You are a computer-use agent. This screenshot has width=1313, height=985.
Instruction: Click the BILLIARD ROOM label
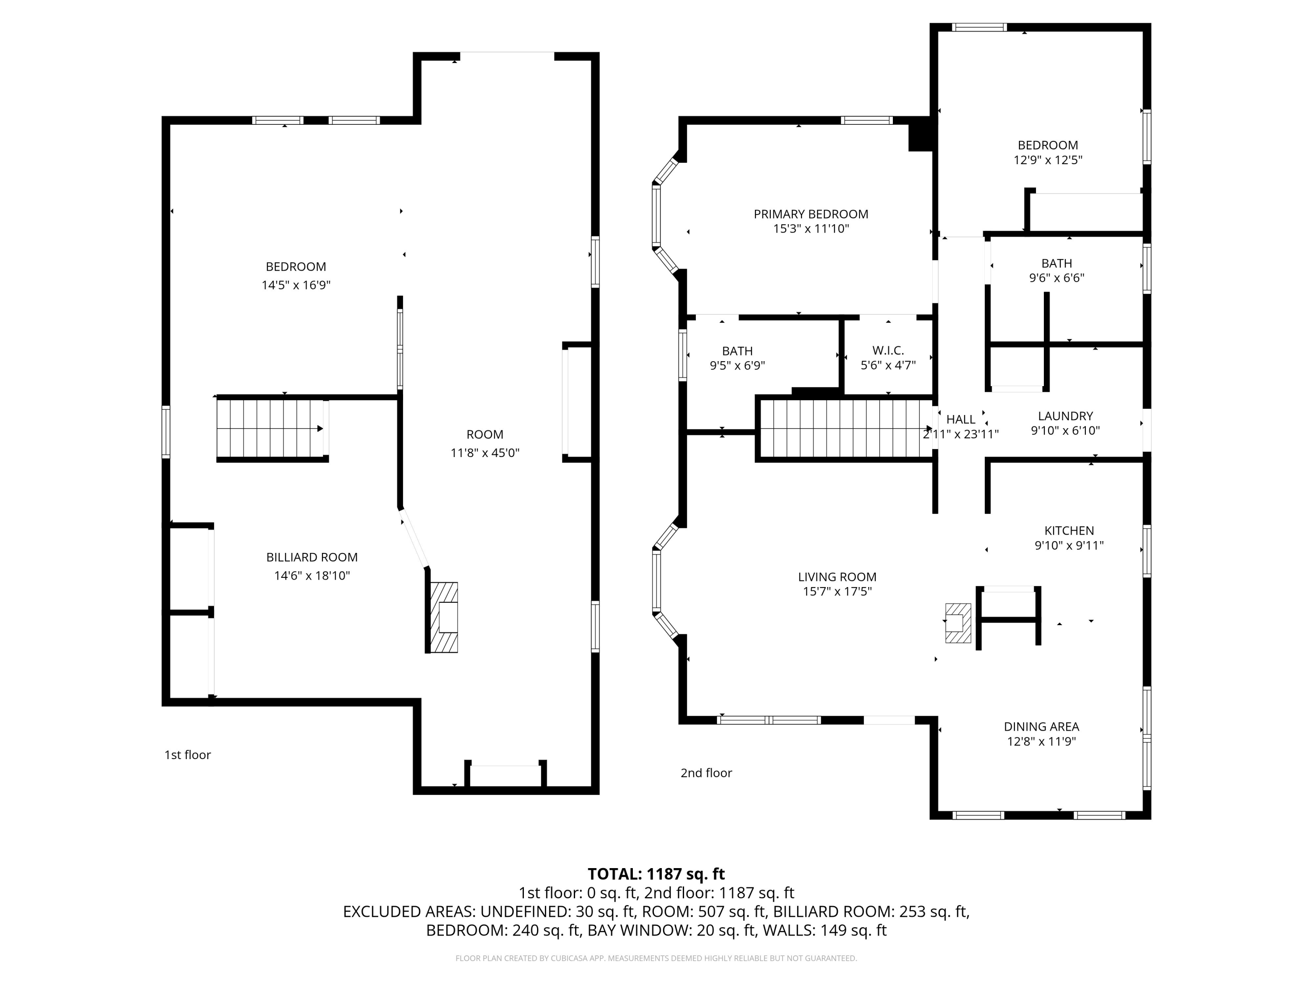click(x=312, y=557)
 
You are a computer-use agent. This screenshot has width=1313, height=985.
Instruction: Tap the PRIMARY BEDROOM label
click(x=811, y=214)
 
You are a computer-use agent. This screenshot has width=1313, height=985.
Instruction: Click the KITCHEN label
click(x=1069, y=531)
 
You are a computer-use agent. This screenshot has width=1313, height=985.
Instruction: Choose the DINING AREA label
click(x=1041, y=726)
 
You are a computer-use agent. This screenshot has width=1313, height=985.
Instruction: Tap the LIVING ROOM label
click(x=837, y=577)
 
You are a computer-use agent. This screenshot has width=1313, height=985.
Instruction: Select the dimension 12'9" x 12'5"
click(x=1048, y=160)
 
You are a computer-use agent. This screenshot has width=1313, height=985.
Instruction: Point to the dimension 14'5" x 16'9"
click(x=295, y=285)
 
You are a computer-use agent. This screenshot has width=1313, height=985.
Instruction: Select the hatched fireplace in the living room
click(x=958, y=623)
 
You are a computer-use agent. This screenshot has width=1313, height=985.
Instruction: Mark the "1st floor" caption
click(x=188, y=755)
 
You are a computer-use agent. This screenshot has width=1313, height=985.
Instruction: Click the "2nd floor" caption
click(x=706, y=772)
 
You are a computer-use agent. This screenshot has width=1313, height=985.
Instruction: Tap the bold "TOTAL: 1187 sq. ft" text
click(x=656, y=874)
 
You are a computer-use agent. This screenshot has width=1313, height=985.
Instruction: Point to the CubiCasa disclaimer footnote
click(x=656, y=958)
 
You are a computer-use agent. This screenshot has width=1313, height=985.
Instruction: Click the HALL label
click(x=960, y=419)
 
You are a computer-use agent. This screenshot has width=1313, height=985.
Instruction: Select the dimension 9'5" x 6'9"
click(x=737, y=366)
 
